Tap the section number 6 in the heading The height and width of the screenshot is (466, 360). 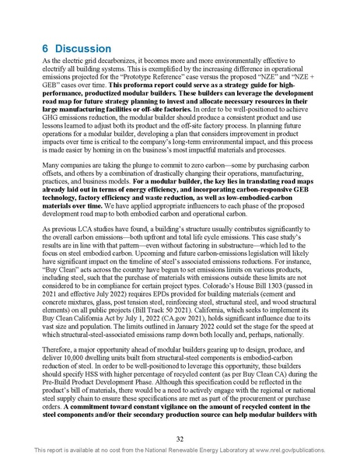click(46, 48)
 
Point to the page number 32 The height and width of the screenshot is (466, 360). click(180, 437)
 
